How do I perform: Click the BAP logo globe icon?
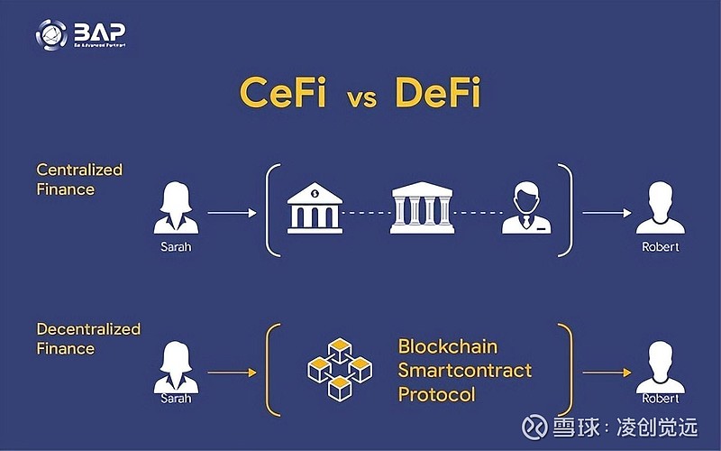point(51,34)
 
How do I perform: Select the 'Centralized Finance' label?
point(78,179)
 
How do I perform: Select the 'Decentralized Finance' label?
point(88,338)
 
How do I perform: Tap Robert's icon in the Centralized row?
point(661,210)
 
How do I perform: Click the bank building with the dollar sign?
point(313,207)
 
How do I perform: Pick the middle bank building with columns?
point(422,208)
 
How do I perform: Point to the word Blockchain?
point(447,347)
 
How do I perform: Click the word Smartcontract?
point(464,371)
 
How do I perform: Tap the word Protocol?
point(436,394)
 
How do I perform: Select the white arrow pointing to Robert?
point(606,213)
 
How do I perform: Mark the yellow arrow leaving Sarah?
point(232,372)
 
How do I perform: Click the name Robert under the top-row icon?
point(660,246)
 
